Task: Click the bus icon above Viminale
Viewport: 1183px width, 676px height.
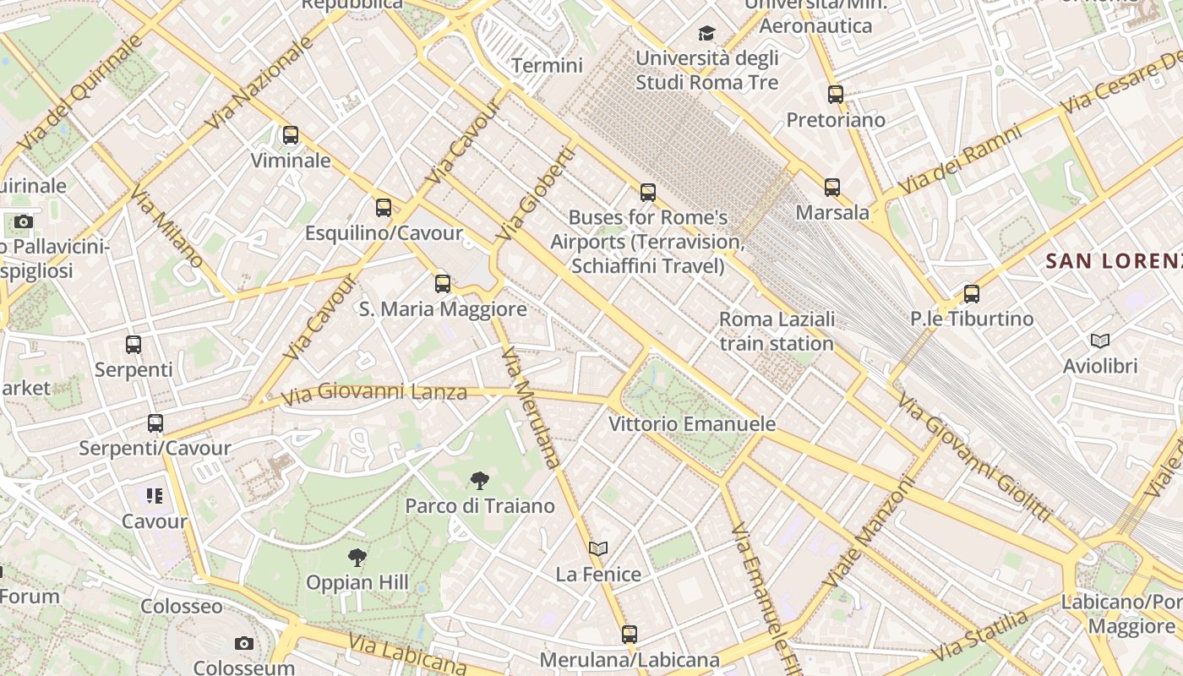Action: [291, 135]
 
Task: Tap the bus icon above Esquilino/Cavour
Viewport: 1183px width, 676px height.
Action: [384, 207]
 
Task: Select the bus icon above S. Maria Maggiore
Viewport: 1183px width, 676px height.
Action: [443, 284]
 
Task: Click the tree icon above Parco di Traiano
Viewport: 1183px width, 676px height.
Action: [479, 482]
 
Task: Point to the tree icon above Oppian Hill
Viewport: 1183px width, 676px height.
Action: [357, 558]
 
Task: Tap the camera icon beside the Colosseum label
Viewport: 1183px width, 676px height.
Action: [244, 644]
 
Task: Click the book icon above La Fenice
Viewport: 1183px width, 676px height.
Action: [598, 549]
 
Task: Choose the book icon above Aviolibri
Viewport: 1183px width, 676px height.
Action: [1099, 341]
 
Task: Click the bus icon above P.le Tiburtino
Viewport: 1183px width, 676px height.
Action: [972, 294]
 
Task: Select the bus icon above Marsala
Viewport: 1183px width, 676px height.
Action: [832, 188]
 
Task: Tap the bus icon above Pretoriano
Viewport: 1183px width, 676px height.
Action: [836, 95]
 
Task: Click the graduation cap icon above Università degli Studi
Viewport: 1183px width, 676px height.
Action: [706, 33]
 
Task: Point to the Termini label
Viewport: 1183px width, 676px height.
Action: [548, 66]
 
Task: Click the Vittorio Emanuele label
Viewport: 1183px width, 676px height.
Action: [692, 424]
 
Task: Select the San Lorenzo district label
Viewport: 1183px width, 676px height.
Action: [1114, 261]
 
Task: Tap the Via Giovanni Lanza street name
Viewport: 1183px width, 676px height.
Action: [373, 393]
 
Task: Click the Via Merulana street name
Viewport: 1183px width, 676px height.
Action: [531, 407]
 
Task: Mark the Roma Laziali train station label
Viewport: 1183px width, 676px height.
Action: [777, 331]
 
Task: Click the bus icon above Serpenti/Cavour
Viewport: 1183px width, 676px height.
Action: [155, 423]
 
